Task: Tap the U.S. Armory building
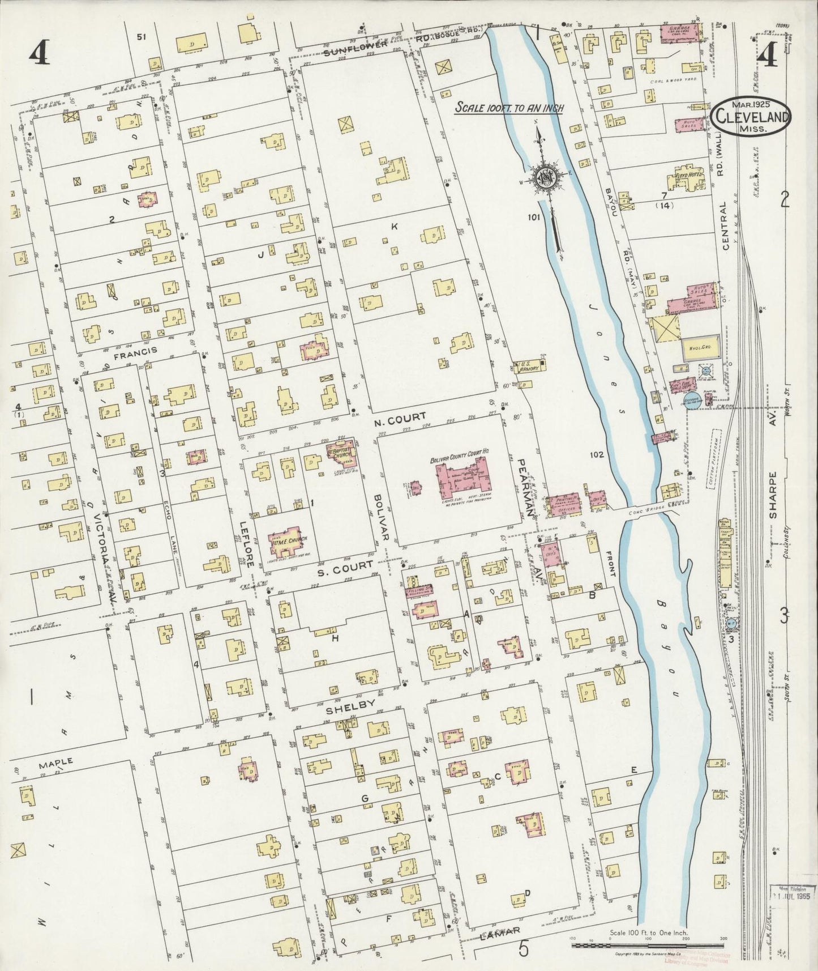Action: [x=528, y=367]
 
